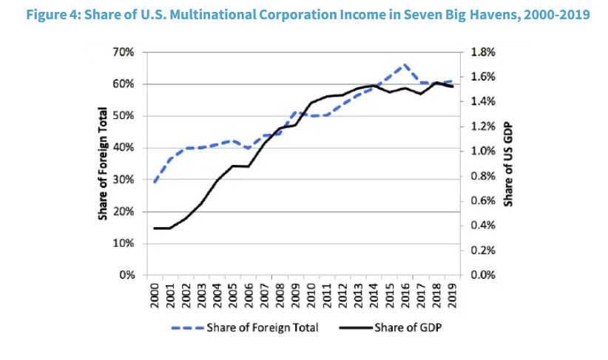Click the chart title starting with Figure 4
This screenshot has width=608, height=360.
click(303, 14)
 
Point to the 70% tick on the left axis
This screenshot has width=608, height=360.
click(124, 52)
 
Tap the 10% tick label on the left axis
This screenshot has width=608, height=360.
click(124, 243)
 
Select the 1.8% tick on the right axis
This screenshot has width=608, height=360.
click(482, 52)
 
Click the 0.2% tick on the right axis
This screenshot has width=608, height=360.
click(482, 251)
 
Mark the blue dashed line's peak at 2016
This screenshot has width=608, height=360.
click(404, 64)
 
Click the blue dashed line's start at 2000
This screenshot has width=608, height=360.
click(155, 182)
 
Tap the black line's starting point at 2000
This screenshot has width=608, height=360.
click(155, 228)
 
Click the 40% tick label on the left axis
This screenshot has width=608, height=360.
click(124, 148)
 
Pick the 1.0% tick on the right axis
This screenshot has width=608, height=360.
click(482, 152)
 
